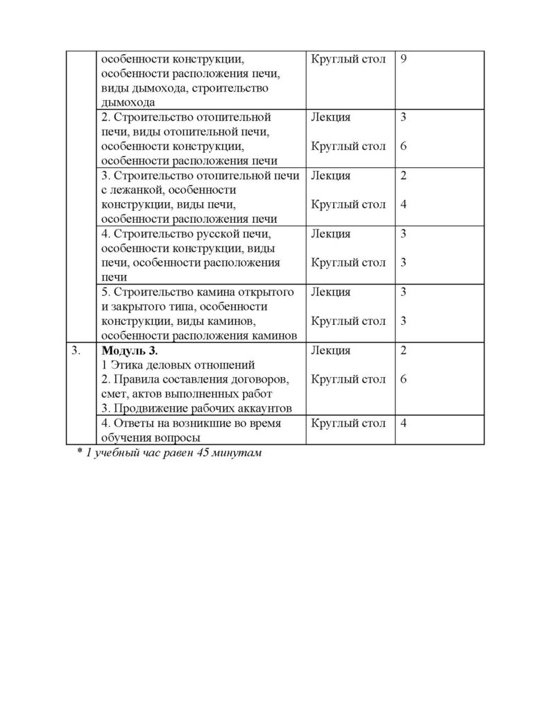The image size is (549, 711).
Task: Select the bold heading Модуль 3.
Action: (130, 351)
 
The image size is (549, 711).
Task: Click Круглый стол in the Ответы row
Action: (348, 424)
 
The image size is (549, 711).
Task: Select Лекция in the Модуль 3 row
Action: (331, 351)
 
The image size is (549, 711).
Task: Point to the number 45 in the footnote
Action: (205, 453)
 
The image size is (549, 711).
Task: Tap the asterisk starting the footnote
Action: (79, 452)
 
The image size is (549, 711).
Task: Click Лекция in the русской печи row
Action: (331, 234)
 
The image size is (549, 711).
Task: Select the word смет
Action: (114, 394)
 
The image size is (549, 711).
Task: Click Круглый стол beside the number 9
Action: (348, 59)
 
